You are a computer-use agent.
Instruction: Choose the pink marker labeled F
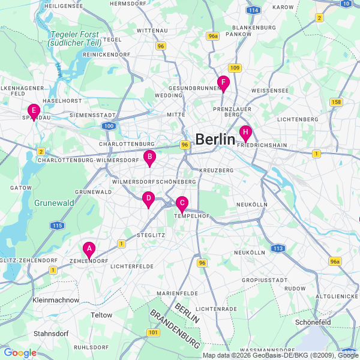(223, 83)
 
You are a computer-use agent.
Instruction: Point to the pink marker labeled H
(245, 133)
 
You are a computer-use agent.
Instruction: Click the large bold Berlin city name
(215, 139)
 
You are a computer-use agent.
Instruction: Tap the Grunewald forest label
(54, 203)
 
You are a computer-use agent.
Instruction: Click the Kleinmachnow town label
(56, 299)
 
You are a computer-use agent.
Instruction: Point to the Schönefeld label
(313, 322)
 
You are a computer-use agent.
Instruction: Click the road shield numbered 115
(57, 225)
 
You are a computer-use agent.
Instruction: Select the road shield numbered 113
(277, 248)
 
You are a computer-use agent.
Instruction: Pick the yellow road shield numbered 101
(153, 332)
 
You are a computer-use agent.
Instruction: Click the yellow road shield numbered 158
(336, 102)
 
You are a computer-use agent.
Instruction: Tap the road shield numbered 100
(109, 125)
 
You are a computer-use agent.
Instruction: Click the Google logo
(20, 353)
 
